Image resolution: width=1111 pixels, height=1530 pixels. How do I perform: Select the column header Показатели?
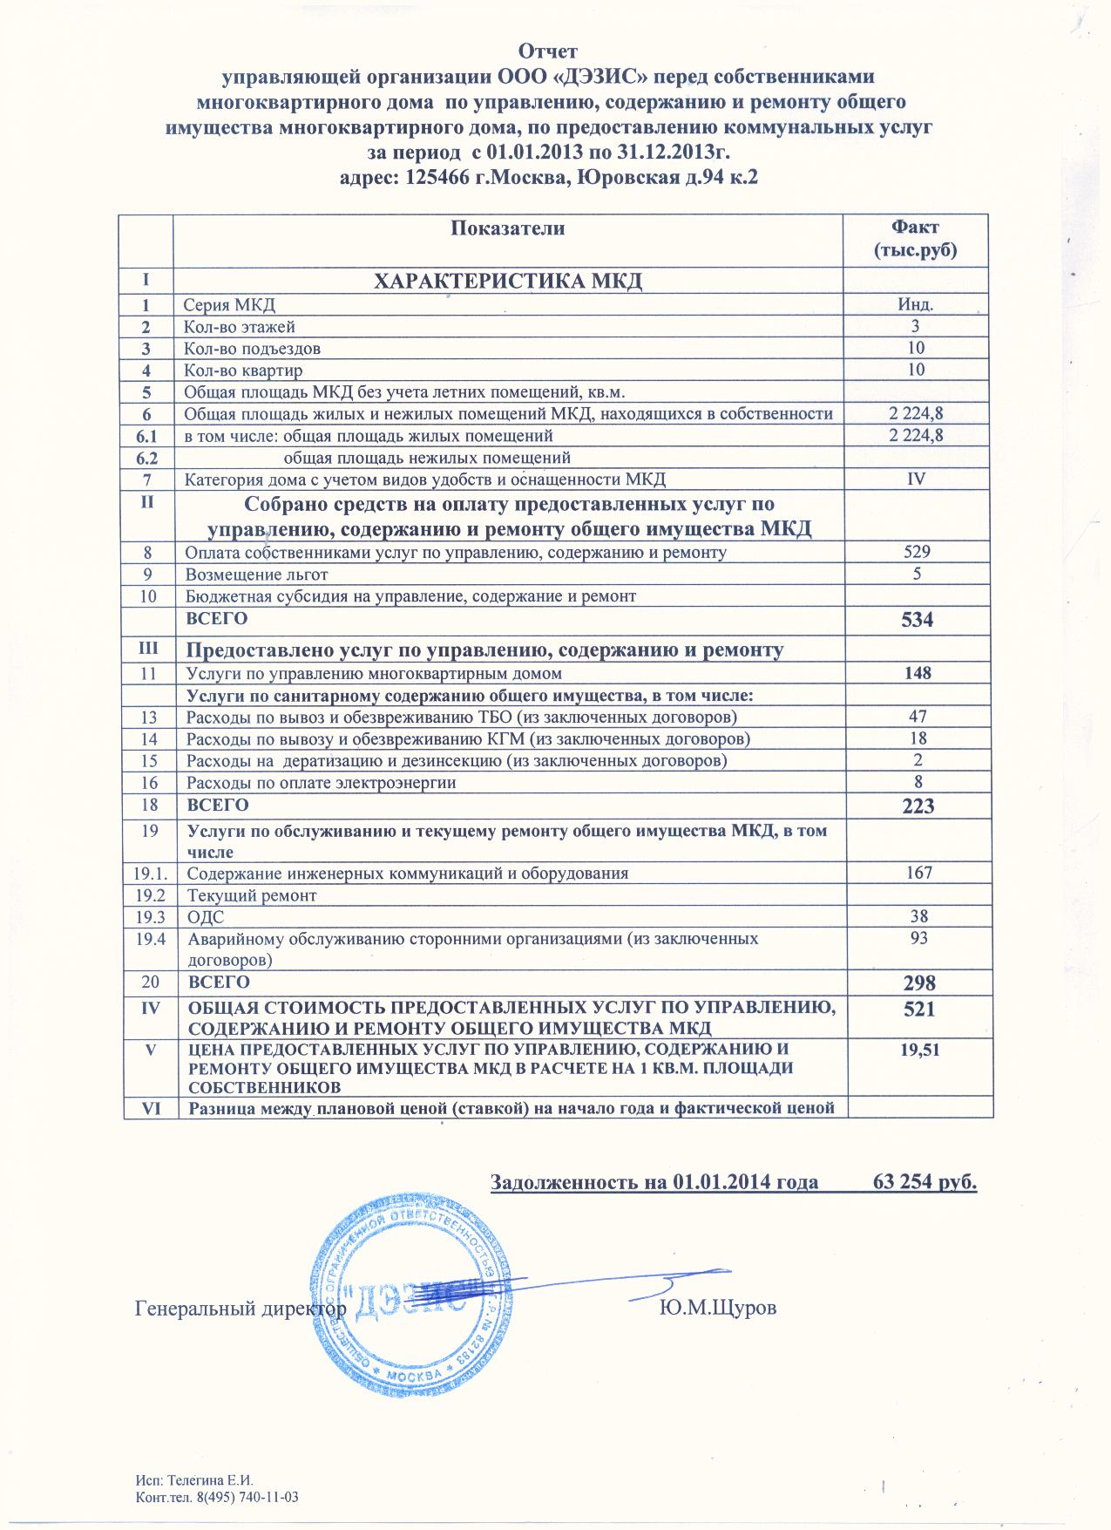click(x=508, y=229)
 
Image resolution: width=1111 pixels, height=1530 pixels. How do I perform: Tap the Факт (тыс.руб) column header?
click(x=915, y=239)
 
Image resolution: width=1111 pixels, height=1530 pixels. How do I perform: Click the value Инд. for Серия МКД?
click(x=916, y=305)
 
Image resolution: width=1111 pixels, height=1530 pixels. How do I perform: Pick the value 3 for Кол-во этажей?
click(x=916, y=327)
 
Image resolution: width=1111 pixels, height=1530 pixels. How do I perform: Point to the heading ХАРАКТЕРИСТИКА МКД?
click(x=508, y=282)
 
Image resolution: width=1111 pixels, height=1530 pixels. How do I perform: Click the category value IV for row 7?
click(x=916, y=479)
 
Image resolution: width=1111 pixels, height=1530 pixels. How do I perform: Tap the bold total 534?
click(x=918, y=621)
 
